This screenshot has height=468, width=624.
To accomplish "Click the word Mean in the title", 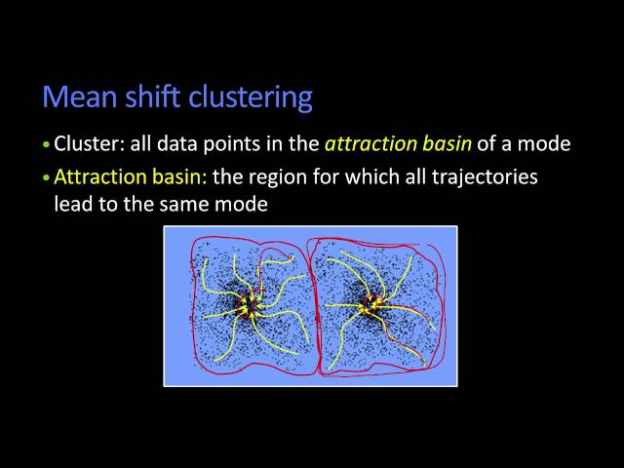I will click(74, 97).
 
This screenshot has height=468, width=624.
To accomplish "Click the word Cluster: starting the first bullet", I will click(87, 144).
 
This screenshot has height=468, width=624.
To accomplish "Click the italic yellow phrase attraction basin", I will click(398, 144).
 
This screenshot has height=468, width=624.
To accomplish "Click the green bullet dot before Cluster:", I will click(45, 145).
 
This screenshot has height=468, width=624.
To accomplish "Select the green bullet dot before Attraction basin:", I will click(45, 179).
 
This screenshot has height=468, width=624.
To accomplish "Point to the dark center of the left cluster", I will click(250, 305).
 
